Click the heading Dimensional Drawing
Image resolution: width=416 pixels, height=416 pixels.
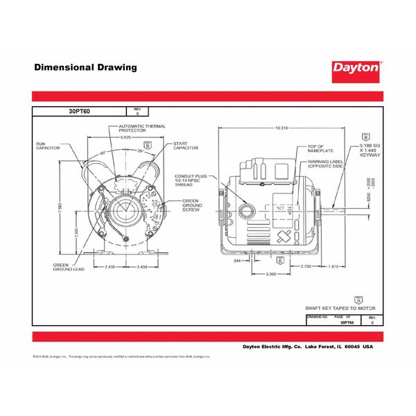point(85,67)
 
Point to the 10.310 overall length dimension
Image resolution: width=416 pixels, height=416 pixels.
point(281,128)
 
